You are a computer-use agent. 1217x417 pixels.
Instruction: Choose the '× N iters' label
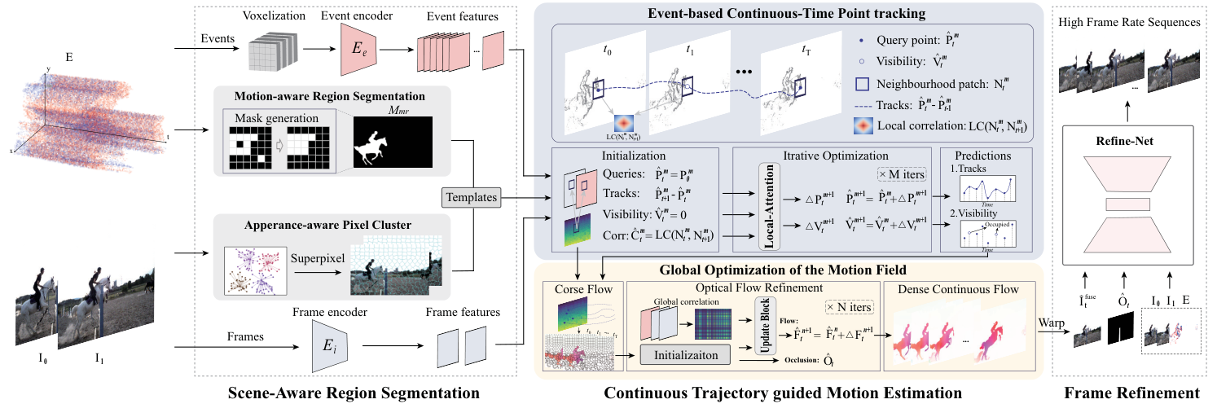[850, 306]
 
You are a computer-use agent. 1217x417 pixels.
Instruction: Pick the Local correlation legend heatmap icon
[863, 125]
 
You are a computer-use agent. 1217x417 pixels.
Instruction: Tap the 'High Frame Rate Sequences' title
[1129, 22]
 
